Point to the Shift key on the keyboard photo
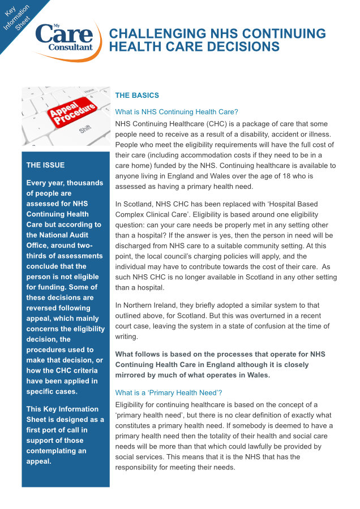point(85,130)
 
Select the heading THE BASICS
point(137,95)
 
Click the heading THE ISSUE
point(45,165)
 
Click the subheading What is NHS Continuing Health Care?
point(177,112)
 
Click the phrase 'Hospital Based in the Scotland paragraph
point(285,204)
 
